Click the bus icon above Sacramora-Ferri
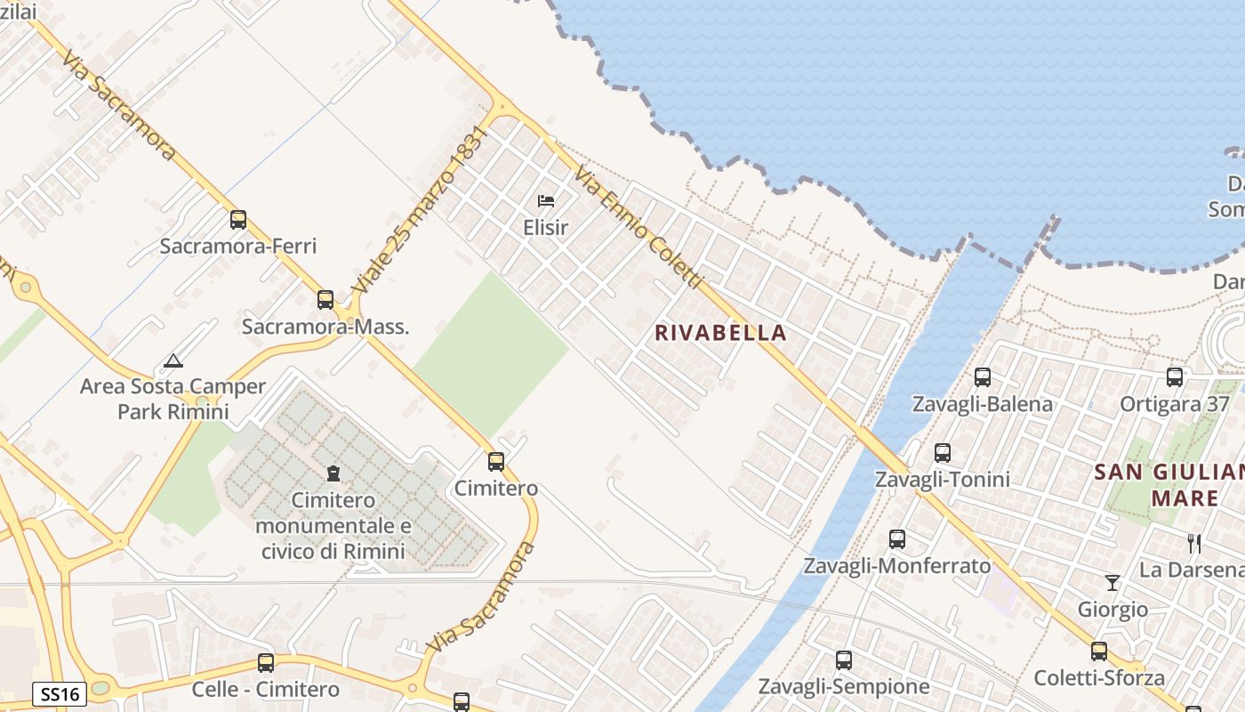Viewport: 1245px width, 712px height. [237, 219]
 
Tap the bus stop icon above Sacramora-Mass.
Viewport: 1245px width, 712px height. [325, 299]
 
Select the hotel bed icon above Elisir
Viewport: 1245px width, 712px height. [546, 201]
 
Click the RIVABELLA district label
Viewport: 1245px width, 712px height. [720, 333]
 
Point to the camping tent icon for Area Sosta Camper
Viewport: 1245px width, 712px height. [173, 360]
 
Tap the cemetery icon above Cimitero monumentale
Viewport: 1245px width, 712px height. [333, 473]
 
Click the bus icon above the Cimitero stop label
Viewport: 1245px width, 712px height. [496, 461]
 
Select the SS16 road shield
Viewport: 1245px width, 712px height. [60, 694]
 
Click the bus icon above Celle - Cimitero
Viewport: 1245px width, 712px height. [265, 662]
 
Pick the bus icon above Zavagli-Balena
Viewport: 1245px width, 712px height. [982, 376]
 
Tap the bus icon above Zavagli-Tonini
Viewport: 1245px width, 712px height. [943, 452]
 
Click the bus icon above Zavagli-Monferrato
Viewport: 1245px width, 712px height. [897, 538]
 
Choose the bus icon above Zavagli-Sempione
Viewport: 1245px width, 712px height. [843, 659]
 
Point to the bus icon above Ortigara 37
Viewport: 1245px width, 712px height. [1175, 376]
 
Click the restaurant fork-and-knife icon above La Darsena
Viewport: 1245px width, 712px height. [1194, 543]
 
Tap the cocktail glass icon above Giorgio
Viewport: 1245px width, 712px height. [1112, 583]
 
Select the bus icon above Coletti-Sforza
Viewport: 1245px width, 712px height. [1099, 651]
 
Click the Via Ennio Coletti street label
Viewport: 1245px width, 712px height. [639, 226]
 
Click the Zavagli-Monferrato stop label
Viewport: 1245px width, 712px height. [897, 566]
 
